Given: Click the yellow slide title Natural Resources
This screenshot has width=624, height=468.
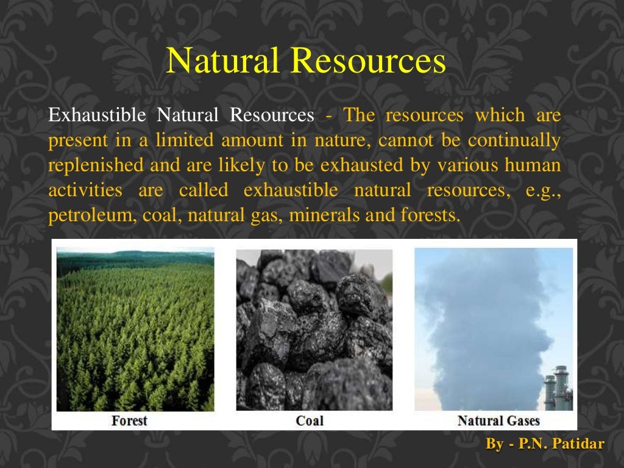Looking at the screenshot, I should pos(306,62).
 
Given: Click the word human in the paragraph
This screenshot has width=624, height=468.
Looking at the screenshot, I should pos(536,165).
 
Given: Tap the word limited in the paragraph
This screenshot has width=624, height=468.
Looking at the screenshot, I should pos(185,140).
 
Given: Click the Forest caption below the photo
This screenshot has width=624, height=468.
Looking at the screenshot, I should pos(129,420).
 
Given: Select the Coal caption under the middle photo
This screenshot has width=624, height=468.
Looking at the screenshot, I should pos(310,420).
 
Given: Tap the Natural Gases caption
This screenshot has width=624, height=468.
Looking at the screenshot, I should pos(498,420).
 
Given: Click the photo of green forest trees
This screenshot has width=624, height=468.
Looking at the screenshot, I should pos(135,329).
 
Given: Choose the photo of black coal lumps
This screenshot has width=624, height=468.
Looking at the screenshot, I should pos(314,329).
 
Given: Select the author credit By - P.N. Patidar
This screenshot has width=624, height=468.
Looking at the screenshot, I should pos(545,444).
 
